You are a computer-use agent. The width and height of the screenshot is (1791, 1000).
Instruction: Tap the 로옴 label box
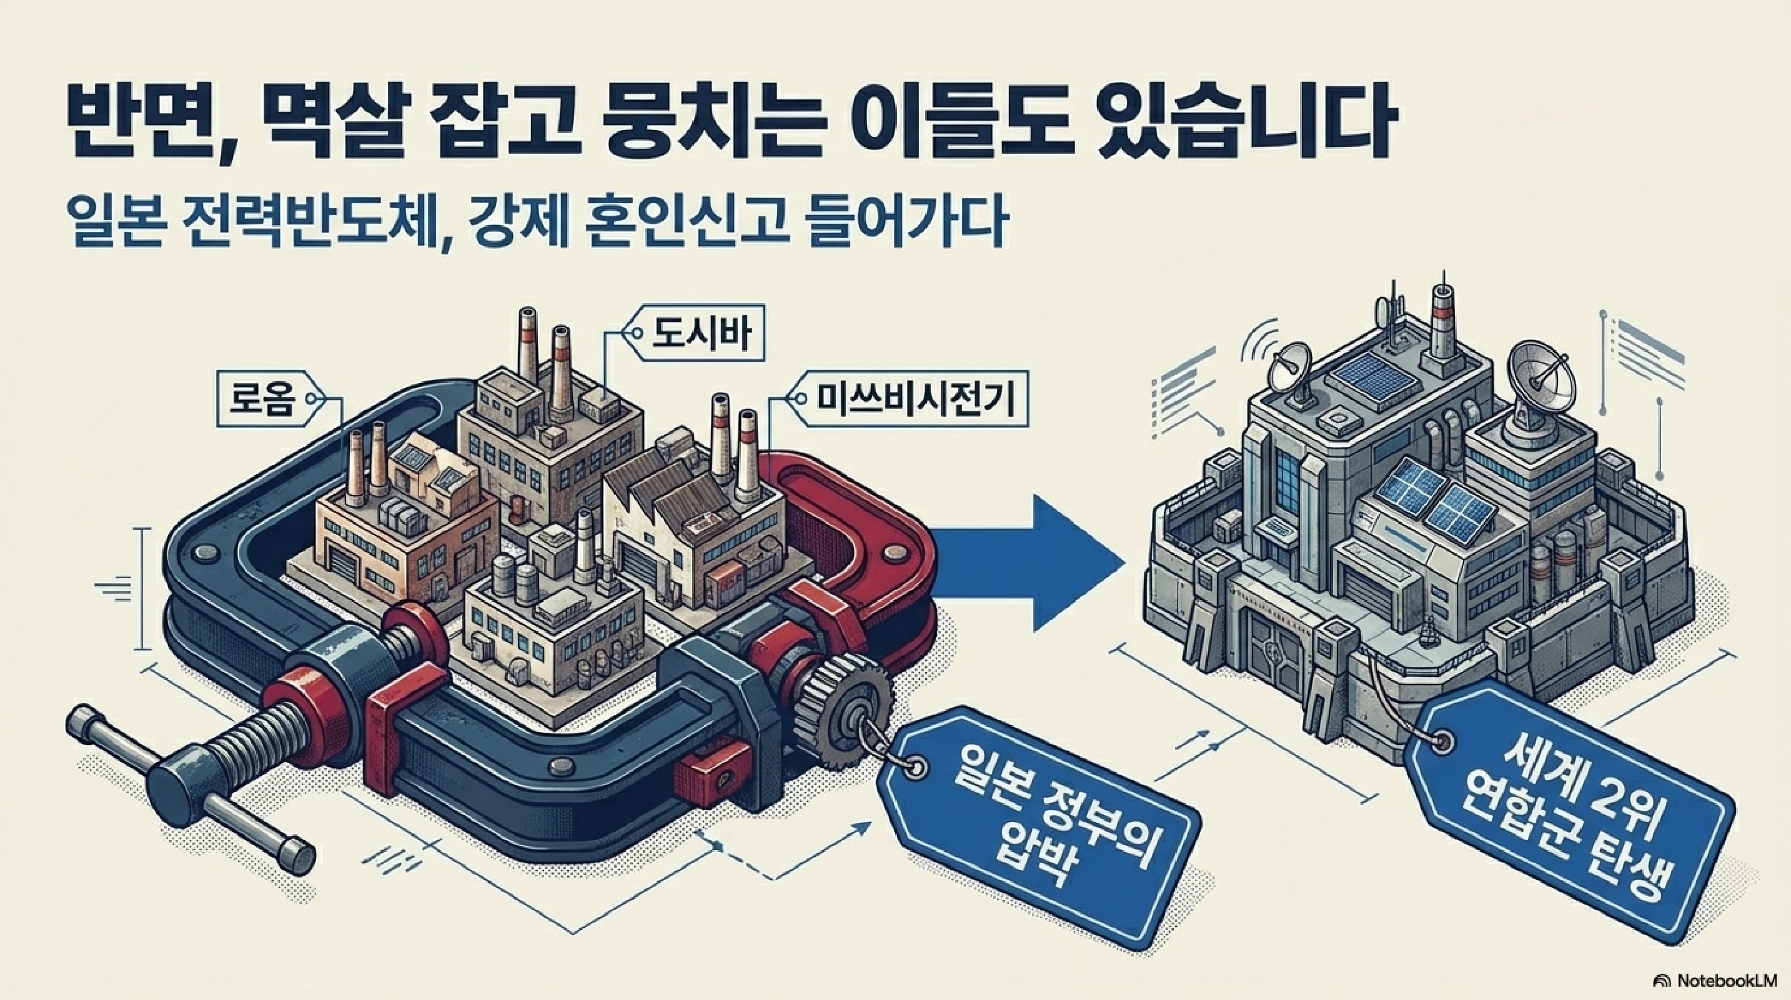pyautogui.click(x=263, y=400)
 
